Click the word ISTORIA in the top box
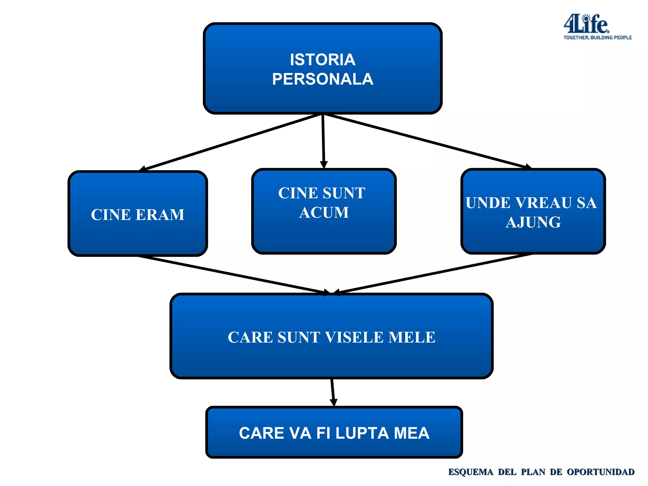coord(322,60)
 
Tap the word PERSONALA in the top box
coord(322,79)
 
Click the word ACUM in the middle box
coord(324,212)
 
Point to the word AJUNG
coord(533,222)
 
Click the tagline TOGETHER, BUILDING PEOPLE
coord(597,38)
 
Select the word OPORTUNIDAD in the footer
coord(600,472)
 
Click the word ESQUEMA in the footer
coord(470,472)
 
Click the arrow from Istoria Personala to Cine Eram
coord(231,142)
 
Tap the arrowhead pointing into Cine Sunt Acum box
coord(324,165)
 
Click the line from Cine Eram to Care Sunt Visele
coord(231,275)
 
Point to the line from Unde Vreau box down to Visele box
coord(433,273)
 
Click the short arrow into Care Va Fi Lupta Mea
coord(333,392)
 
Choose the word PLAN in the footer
coord(533,472)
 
